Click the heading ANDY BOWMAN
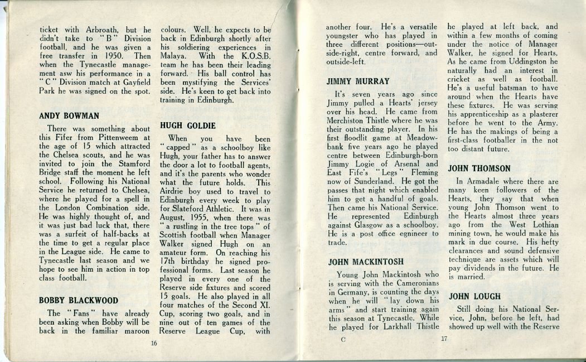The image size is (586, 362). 69,116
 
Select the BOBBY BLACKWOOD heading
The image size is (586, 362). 78,300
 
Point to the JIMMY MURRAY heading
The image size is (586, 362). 354,81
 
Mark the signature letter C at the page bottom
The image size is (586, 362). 344,339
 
